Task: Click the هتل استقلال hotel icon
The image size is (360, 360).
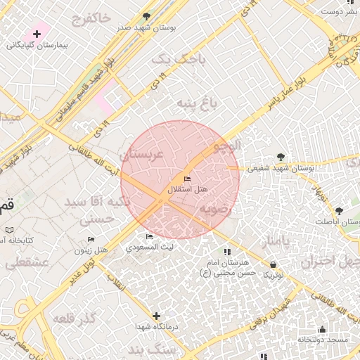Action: [186, 179]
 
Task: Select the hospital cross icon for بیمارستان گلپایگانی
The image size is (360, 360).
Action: [36, 33]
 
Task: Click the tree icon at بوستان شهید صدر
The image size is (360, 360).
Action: [146, 15]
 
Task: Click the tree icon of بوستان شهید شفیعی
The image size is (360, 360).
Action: [281, 156]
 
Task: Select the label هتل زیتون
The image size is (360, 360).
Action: [91, 250]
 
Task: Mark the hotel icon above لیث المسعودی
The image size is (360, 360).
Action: [148, 237]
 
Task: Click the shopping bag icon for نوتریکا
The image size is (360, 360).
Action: [273, 264]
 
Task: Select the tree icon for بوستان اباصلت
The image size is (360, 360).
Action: [339, 210]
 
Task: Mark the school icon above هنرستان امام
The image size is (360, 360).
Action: [226, 252]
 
